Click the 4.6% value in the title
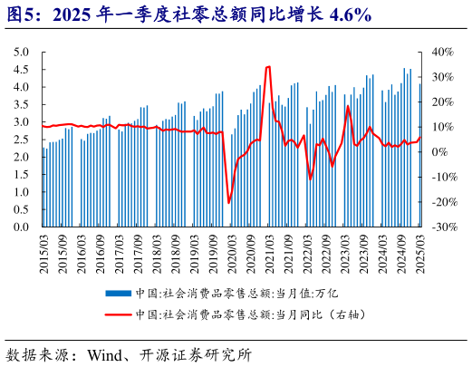pos(348,15)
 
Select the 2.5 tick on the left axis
pos(22,140)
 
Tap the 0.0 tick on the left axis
pos(22,227)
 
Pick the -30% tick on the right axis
pos(444,227)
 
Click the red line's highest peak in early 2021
pos(268,67)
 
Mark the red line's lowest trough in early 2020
pos(229,202)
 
